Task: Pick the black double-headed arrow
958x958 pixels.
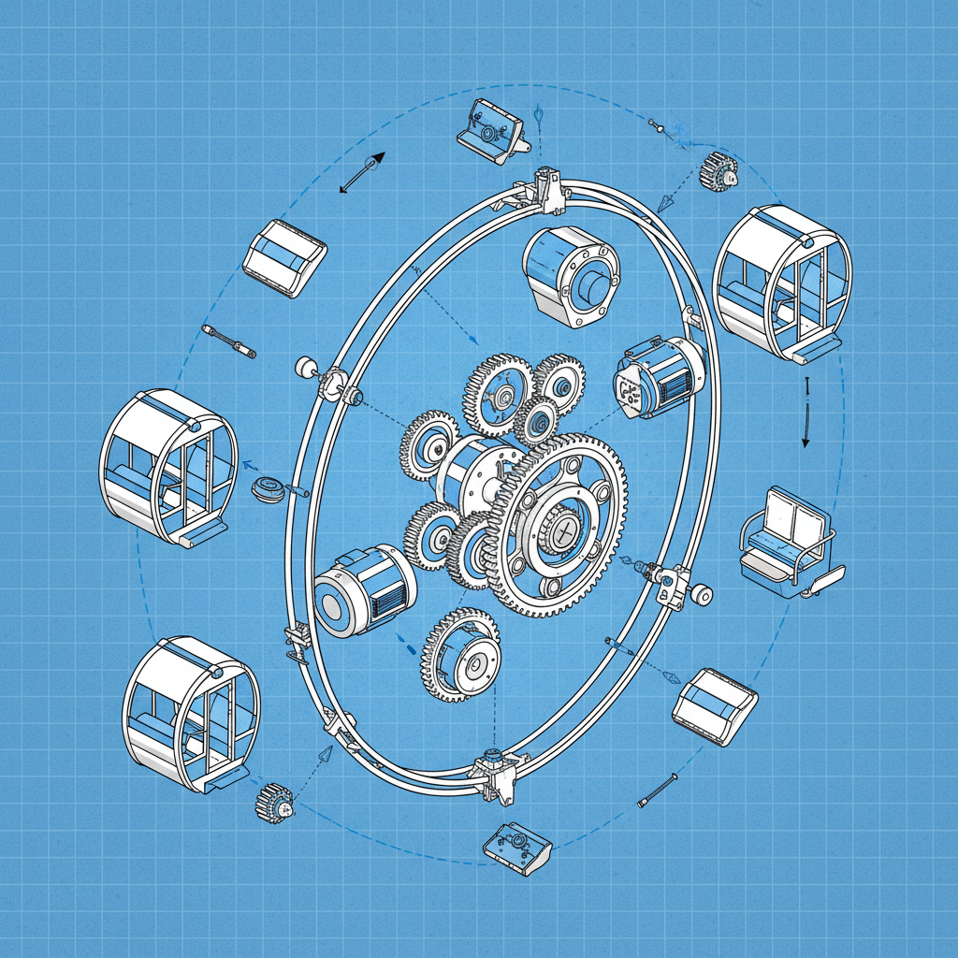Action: [x=362, y=174]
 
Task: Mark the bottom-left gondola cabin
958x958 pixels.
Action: [x=191, y=714]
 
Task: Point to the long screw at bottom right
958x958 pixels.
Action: [x=657, y=791]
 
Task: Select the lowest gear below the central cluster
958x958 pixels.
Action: [x=462, y=655]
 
